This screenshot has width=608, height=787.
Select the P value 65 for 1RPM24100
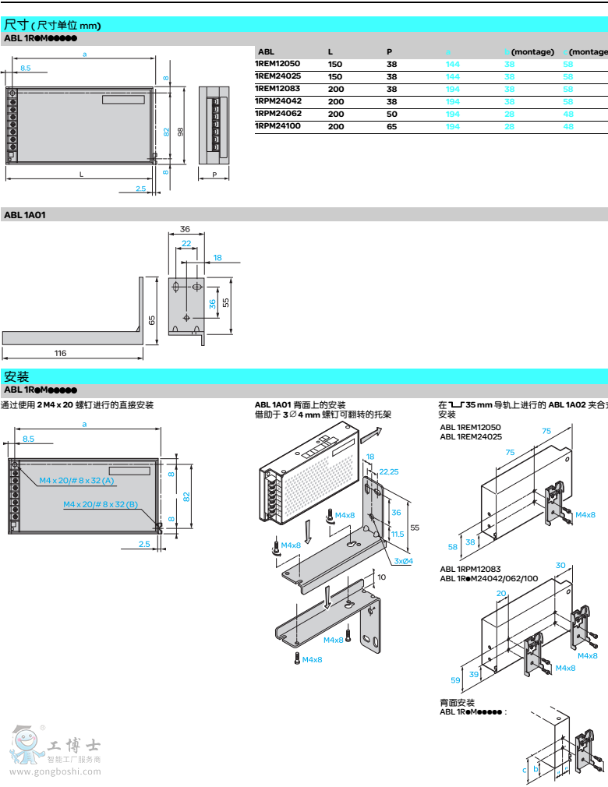391,126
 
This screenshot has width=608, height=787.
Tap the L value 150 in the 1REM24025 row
335,76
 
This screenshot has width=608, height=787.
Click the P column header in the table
389,51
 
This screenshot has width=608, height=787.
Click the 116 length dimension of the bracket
61,353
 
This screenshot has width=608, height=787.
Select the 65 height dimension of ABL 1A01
153,319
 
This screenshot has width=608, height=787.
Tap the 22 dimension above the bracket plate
186,244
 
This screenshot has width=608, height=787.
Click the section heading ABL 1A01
25,214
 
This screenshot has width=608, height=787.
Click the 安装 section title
16,376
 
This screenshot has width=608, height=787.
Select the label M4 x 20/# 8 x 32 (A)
76,480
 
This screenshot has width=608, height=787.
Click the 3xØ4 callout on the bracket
403,561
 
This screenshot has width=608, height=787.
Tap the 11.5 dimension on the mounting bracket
398,534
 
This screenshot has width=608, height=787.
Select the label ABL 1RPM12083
470,569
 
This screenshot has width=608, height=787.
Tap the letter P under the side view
214,175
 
